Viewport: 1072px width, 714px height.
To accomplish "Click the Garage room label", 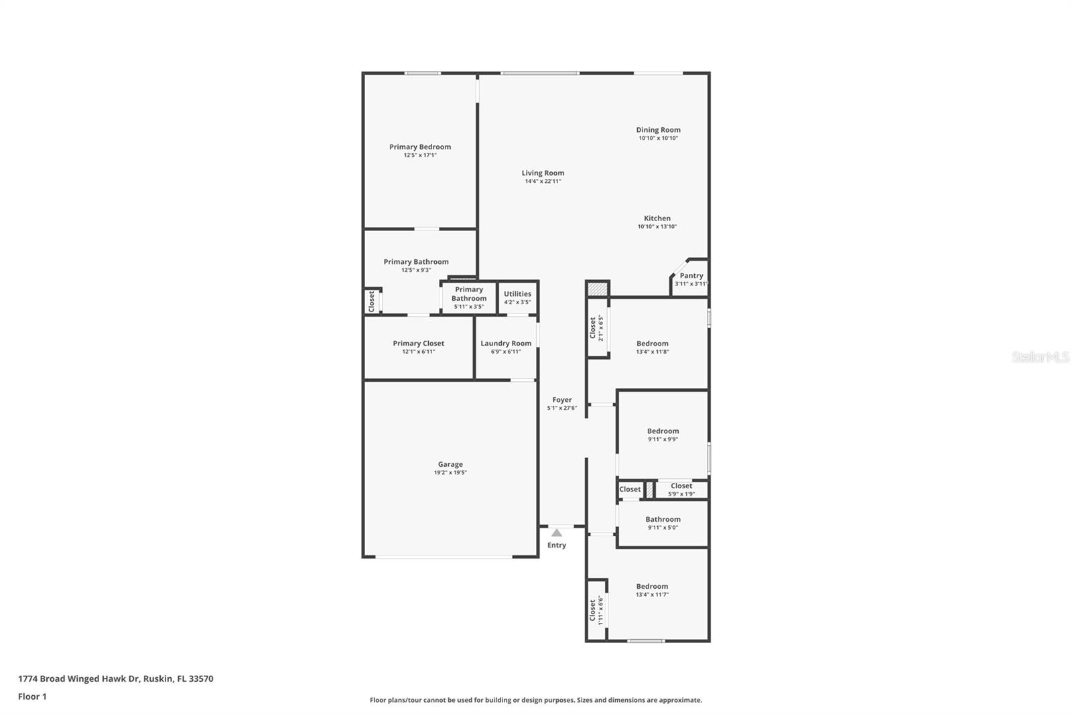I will tap(450, 464).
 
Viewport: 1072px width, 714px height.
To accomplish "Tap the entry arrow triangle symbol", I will tap(557, 533).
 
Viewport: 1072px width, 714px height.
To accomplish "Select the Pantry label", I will tap(691, 275).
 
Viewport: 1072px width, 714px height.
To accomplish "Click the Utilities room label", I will tap(517, 293).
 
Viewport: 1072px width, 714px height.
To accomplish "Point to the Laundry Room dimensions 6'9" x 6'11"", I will tap(506, 352).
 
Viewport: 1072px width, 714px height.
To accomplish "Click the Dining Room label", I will tap(658, 130).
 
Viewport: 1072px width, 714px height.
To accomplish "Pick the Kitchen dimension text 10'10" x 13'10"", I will tap(657, 226).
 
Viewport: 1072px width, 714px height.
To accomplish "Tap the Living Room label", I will tap(543, 173).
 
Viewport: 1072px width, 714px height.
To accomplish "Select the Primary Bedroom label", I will tap(420, 147).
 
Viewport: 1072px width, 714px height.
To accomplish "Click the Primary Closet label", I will tap(419, 343).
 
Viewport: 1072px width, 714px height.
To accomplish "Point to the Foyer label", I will tap(562, 400).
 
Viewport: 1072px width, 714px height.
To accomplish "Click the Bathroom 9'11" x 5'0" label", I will tap(663, 519).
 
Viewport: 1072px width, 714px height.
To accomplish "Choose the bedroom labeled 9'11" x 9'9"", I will tap(663, 431).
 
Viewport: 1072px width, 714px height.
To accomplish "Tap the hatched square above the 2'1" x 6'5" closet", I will tap(597, 289).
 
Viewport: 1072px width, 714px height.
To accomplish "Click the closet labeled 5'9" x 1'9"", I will tap(681, 486).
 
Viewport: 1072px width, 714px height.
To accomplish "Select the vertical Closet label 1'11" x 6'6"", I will tap(592, 610).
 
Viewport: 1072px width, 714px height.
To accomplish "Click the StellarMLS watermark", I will tap(1040, 358).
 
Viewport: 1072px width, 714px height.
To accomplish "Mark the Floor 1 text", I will tap(32, 697).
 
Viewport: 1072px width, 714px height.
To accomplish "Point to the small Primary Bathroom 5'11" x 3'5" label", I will tap(469, 294).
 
